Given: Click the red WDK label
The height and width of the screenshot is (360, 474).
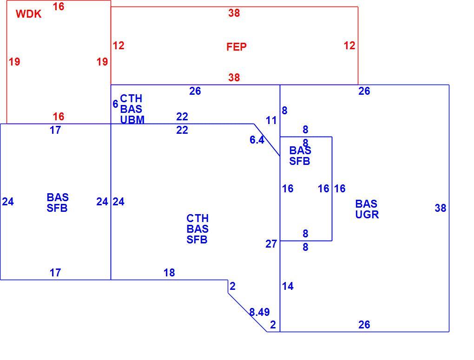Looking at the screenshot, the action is click(28, 14).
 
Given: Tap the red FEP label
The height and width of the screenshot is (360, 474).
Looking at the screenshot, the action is click(237, 47).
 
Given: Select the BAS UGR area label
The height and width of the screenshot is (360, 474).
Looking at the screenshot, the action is click(367, 209).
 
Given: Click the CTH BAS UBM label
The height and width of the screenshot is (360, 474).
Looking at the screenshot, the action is click(132, 109).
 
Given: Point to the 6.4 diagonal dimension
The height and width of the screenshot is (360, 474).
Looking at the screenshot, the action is click(257, 140).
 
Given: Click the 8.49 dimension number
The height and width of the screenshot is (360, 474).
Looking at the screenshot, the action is click(259, 312).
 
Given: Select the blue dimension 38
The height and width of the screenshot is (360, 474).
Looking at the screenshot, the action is click(440, 208).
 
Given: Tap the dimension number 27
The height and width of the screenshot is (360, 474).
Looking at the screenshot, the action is click(271, 243).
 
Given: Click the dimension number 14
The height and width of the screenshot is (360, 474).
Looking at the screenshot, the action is click(288, 286).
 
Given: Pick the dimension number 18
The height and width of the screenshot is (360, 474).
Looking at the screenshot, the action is click(169, 273).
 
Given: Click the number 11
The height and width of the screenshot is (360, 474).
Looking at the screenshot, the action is click(271, 121).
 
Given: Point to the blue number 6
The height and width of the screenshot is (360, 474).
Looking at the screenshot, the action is click(115, 104).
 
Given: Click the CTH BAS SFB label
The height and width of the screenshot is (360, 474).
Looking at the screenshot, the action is click(197, 229).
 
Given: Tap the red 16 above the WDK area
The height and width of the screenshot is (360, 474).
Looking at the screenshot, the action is click(59, 6).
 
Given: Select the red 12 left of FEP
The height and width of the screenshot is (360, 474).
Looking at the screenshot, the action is click(118, 46).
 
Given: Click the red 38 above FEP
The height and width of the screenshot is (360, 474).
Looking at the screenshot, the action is click(234, 13).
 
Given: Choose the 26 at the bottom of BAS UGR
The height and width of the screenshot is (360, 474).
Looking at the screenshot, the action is click(364, 325).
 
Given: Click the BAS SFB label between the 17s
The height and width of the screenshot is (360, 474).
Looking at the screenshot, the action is click(58, 203).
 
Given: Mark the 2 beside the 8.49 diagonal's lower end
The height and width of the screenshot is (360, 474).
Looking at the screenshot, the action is click(273, 325).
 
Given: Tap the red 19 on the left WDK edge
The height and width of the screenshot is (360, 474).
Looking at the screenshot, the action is click(14, 62).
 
